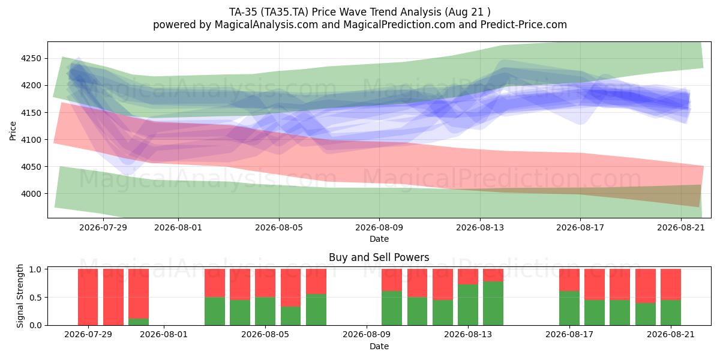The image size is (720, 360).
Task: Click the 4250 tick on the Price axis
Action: tap(31, 59)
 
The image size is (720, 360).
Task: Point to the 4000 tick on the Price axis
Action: tap(31, 194)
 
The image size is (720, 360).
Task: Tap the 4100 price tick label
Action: tap(31, 140)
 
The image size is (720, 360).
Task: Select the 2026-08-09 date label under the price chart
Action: tap(379, 227)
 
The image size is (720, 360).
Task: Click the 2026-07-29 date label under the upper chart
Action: tap(103, 227)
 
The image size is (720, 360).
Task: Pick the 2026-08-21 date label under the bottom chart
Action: tap(671, 335)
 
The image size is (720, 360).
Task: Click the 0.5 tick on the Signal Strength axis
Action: tap(35, 298)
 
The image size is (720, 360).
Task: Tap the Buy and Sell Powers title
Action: tap(379, 257)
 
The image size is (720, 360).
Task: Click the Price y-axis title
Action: tap(13, 131)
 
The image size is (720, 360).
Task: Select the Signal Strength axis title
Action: tap(20, 296)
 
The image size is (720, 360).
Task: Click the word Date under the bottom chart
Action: tap(379, 346)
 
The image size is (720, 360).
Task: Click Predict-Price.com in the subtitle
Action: tap(524, 25)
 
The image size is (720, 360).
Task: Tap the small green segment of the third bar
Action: tap(139, 322)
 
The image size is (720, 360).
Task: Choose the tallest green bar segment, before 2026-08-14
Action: tap(493, 304)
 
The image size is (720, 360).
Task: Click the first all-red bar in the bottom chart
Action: tap(88, 297)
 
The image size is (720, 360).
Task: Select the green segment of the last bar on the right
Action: tap(671, 313)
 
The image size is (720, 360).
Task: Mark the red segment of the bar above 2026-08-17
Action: tap(569, 280)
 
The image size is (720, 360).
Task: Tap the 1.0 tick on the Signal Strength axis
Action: tap(35, 269)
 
